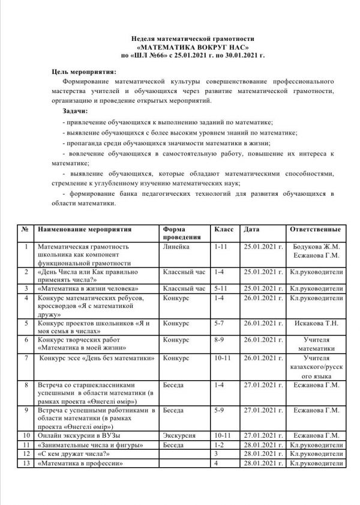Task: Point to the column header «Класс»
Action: point(223,230)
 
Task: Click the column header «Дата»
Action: point(251,230)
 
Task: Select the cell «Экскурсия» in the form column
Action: point(179,435)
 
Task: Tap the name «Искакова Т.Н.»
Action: point(317,322)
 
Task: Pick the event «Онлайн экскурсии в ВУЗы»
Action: point(79,435)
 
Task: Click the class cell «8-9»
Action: point(219,339)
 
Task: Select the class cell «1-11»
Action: point(221,246)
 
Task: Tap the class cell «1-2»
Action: point(219,444)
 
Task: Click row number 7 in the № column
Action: point(25,358)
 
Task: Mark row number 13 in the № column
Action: point(25,464)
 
